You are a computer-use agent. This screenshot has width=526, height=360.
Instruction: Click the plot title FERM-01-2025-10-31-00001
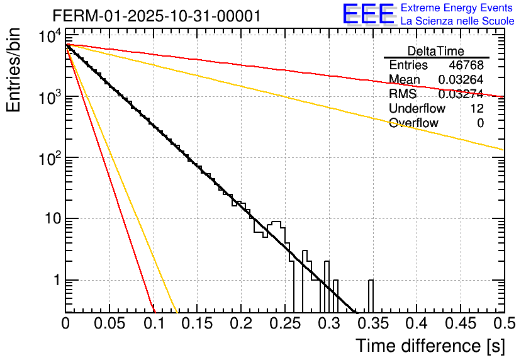point(156,16)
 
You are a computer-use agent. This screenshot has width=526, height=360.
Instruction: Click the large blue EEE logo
point(368,14)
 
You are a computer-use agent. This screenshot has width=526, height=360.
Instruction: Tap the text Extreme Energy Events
point(457,8)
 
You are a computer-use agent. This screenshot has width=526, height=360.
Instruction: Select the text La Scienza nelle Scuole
point(457,21)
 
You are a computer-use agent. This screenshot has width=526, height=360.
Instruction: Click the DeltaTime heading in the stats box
point(436,51)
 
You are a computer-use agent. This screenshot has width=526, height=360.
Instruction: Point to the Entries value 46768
point(466,65)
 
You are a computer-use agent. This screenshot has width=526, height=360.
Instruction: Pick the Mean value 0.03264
point(461,80)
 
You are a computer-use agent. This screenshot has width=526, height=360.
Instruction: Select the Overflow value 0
point(480,123)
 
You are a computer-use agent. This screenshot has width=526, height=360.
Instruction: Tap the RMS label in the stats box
point(403,94)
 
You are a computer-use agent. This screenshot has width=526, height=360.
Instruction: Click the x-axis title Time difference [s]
point(430,346)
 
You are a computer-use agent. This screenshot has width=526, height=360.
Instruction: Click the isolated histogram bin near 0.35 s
point(371,296)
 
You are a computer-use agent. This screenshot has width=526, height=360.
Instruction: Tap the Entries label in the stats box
point(408,65)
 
